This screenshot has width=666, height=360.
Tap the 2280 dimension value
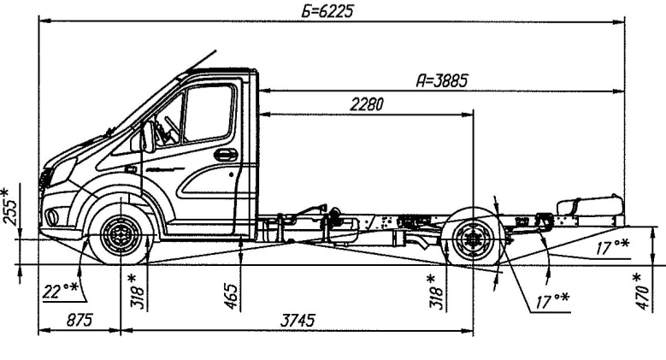(366, 103)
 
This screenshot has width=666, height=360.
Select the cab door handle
(226, 155)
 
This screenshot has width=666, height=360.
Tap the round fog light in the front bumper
(53, 216)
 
